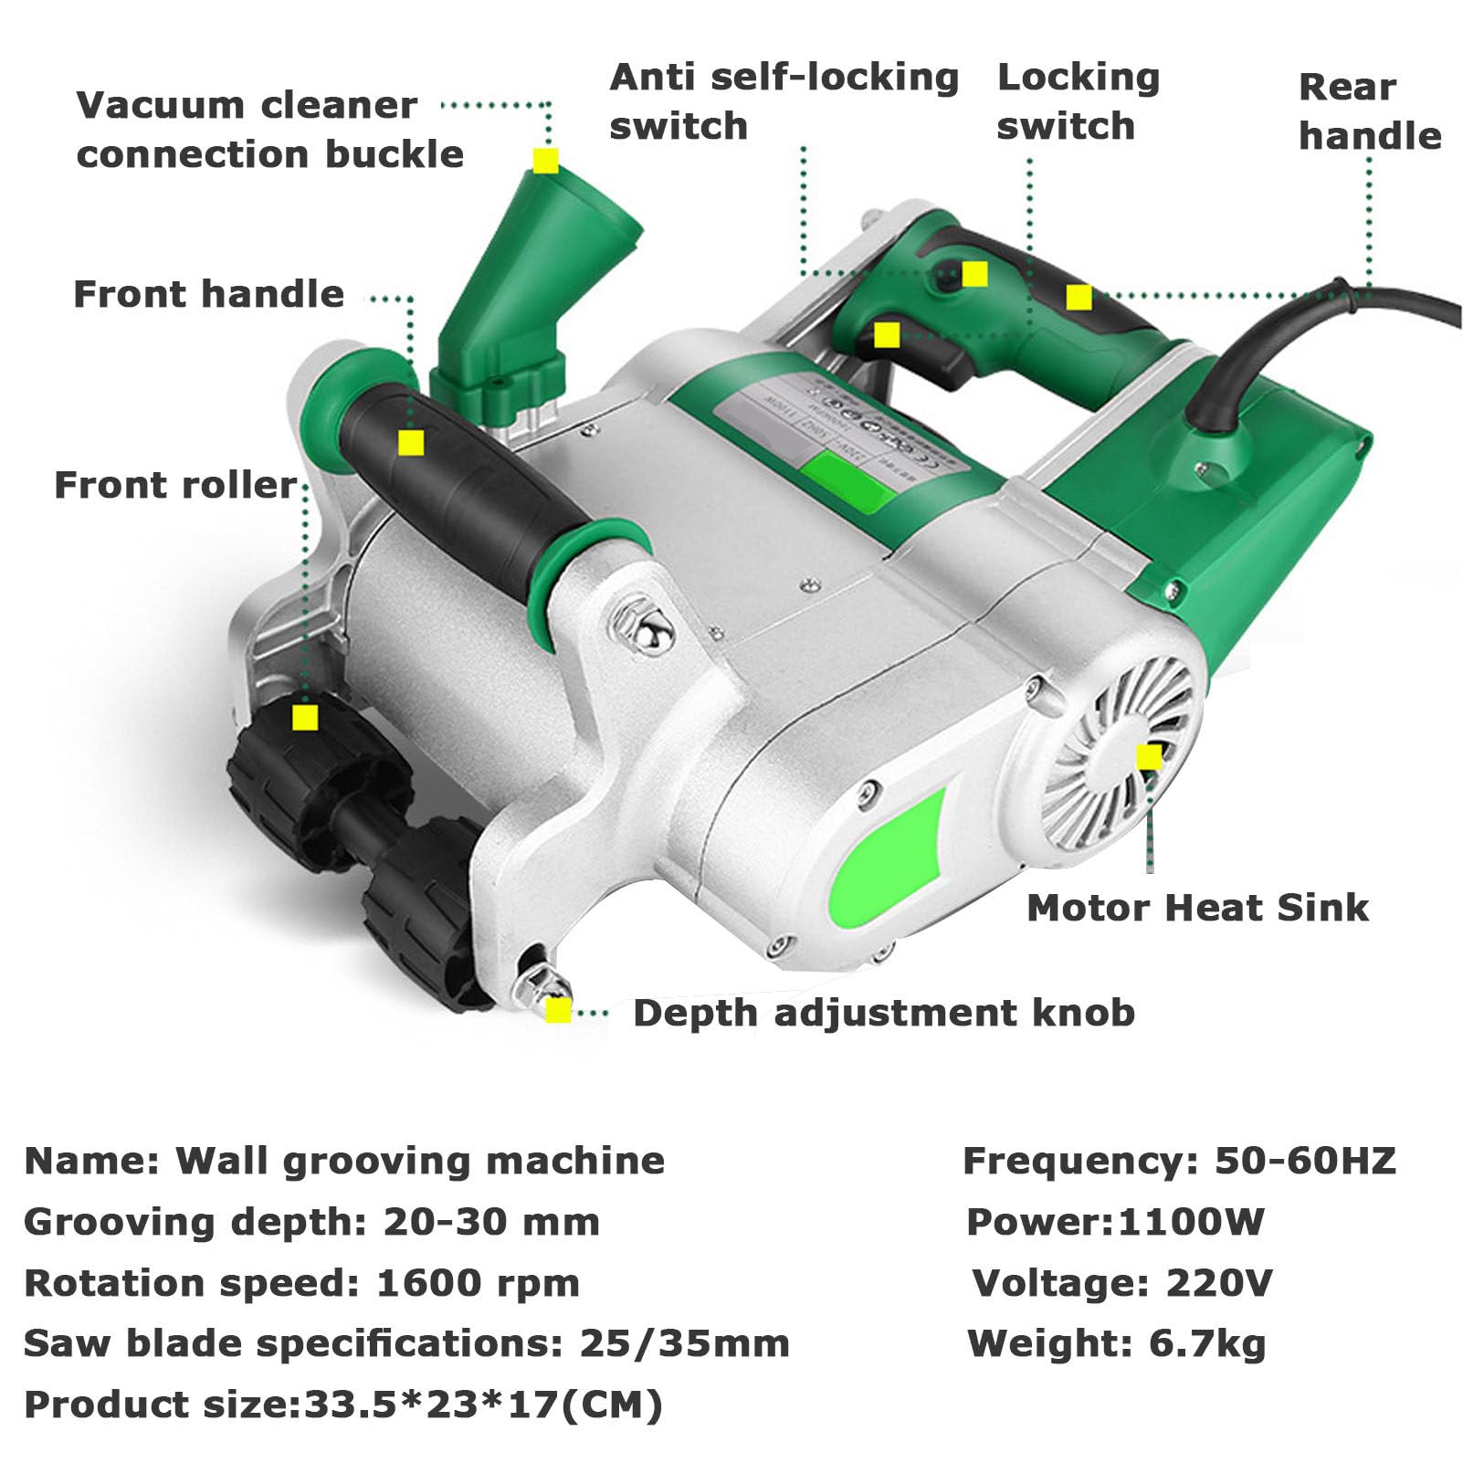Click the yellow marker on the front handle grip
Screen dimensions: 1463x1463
pyautogui.click(x=411, y=444)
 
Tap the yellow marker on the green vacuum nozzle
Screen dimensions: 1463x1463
pyautogui.click(x=545, y=161)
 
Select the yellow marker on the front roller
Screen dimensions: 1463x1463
pyautogui.click(x=305, y=716)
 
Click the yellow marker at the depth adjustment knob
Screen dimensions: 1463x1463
pyautogui.click(x=558, y=1010)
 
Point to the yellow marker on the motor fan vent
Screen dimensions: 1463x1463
pyautogui.click(x=1149, y=756)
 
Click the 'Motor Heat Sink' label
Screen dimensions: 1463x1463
pyautogui.click(x=1197, y=908)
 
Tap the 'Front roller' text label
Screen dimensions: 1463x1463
pyautogui.click(x=175, y=485)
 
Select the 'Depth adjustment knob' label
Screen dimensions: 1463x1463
pyautogui.click(x=883, y=1013)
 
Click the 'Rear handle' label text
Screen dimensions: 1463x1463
pyautogui.click(x=1368, y=111)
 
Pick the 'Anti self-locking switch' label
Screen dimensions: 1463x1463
pyautogui.click(x=783, y=101)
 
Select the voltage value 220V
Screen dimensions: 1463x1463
pyautogui.click(x=1218, y=1283)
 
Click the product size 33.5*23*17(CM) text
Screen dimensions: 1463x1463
pyautogui.click(x=483, y=1405)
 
